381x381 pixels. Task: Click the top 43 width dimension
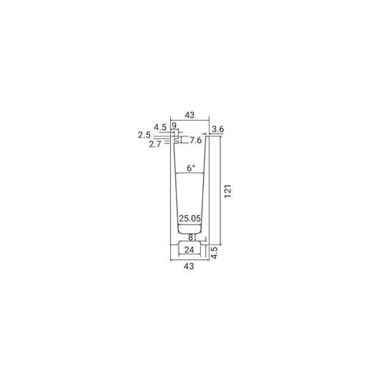pos(189,115)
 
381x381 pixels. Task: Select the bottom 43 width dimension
pos(189,267)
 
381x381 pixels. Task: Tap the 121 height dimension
pos(228,192)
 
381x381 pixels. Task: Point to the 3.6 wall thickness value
pos(217,129)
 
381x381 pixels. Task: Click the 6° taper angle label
pos(191,168)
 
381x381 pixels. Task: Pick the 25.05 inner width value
pos(190,219)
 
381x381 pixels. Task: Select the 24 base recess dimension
pos(189,249)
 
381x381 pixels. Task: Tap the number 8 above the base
pos(191,237)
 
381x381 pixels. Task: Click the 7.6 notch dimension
pos(196,140)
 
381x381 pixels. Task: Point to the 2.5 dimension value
pos(144,135)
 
